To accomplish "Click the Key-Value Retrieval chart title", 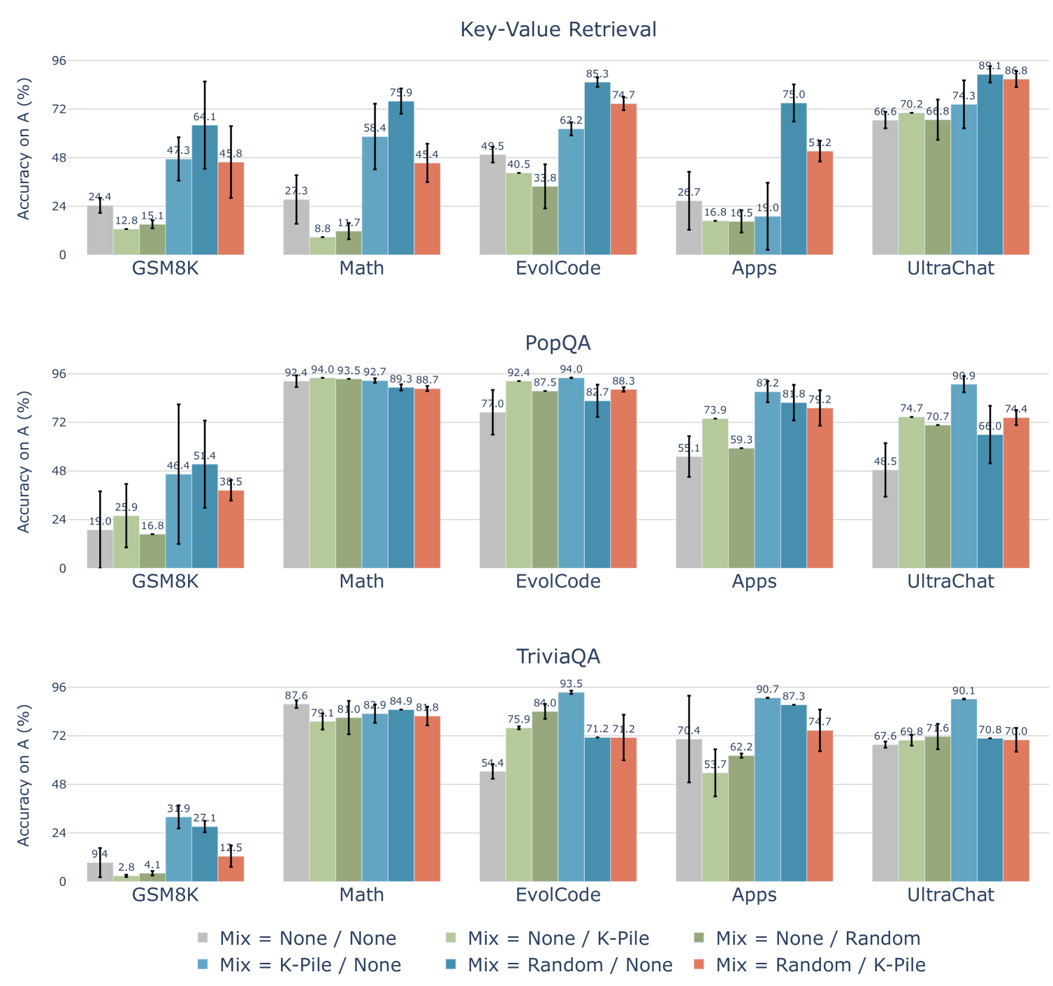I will pyautogui.click(x=558, y=29).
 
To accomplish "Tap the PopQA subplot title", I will pyautogui.click(x=558, y=343).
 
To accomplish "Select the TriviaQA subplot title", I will pyautogui.click(x=558, y=657).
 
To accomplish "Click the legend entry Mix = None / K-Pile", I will pyautogui.click(x=558, y=938).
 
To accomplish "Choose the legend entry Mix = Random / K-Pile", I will pyautogui.click(x=820, y=965).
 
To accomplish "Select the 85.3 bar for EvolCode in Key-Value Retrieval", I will pyautogui.click(x=597, y=168).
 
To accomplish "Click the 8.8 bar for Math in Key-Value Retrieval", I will pyautogui.click(x=322, y=246).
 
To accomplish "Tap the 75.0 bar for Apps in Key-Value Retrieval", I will pyautogui.click(x=794, y=179).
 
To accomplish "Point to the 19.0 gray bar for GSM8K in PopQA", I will pyautogui.click(x=100, y=549).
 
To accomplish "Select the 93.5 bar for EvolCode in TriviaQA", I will pyautogui.click(x=571, y=787).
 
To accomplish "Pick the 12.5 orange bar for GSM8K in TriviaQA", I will pyautogui.click(x=231, y=869).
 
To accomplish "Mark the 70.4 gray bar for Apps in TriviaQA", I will pyautogui.click(x=689, y=811).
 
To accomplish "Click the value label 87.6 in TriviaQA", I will pyautogui.click(x=296, y=696).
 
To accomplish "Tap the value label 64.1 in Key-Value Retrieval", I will pyautogui.click(x=204, y=117).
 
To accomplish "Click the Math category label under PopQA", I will pyautogui.click(x=361, y=581).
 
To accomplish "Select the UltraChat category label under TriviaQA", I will pyautogui.click(x=950, y=895).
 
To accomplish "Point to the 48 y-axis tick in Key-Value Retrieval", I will pyautogui.click(x=59, y=158).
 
